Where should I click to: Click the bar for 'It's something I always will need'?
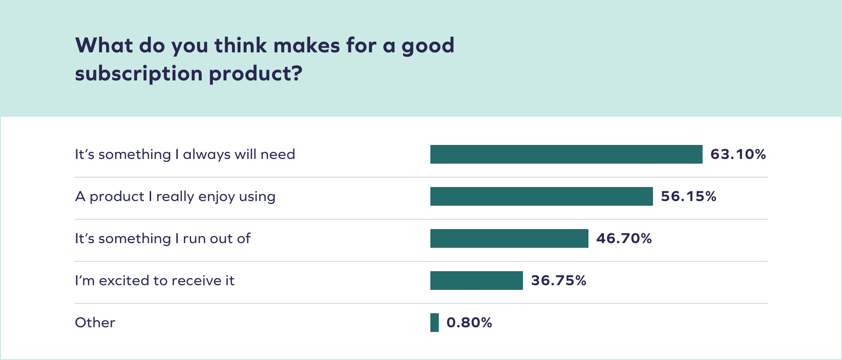pyautogui.click(x=566, y=154)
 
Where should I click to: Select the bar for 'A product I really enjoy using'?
pyautogui.click(x=541, y=196)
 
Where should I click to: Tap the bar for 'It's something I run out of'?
pyautogui.click(x=509, y=238)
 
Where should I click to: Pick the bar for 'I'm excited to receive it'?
pyautogui.click(x=476, y=281)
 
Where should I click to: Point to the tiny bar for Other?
pyautogui.click(x=435, y=323)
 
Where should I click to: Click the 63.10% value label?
pyautogui.click(x=738, y=154)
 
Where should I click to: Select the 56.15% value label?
pyautogui.click(x=688, y=196)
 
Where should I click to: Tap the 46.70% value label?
pyautogui.click(x=624, y=238)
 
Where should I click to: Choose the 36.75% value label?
pyautogui.click(x=559, y=281)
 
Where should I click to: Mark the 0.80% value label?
pyautogui.click(x=469, y=323)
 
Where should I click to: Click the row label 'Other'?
pyautogui.click(x=95, y=323)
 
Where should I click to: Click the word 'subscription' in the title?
pyautogui.click(x=138, y=74)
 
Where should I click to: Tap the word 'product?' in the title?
pyautogui.click(x=255, y=74)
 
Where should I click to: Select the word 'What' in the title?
pyautogui.click(x=104, y=46)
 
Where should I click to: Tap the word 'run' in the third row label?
pyautogui.click(x=194, y=239)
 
